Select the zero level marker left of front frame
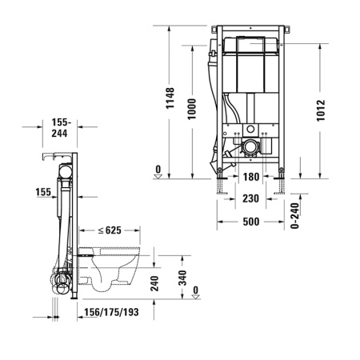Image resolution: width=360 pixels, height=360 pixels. pos(158,172)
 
